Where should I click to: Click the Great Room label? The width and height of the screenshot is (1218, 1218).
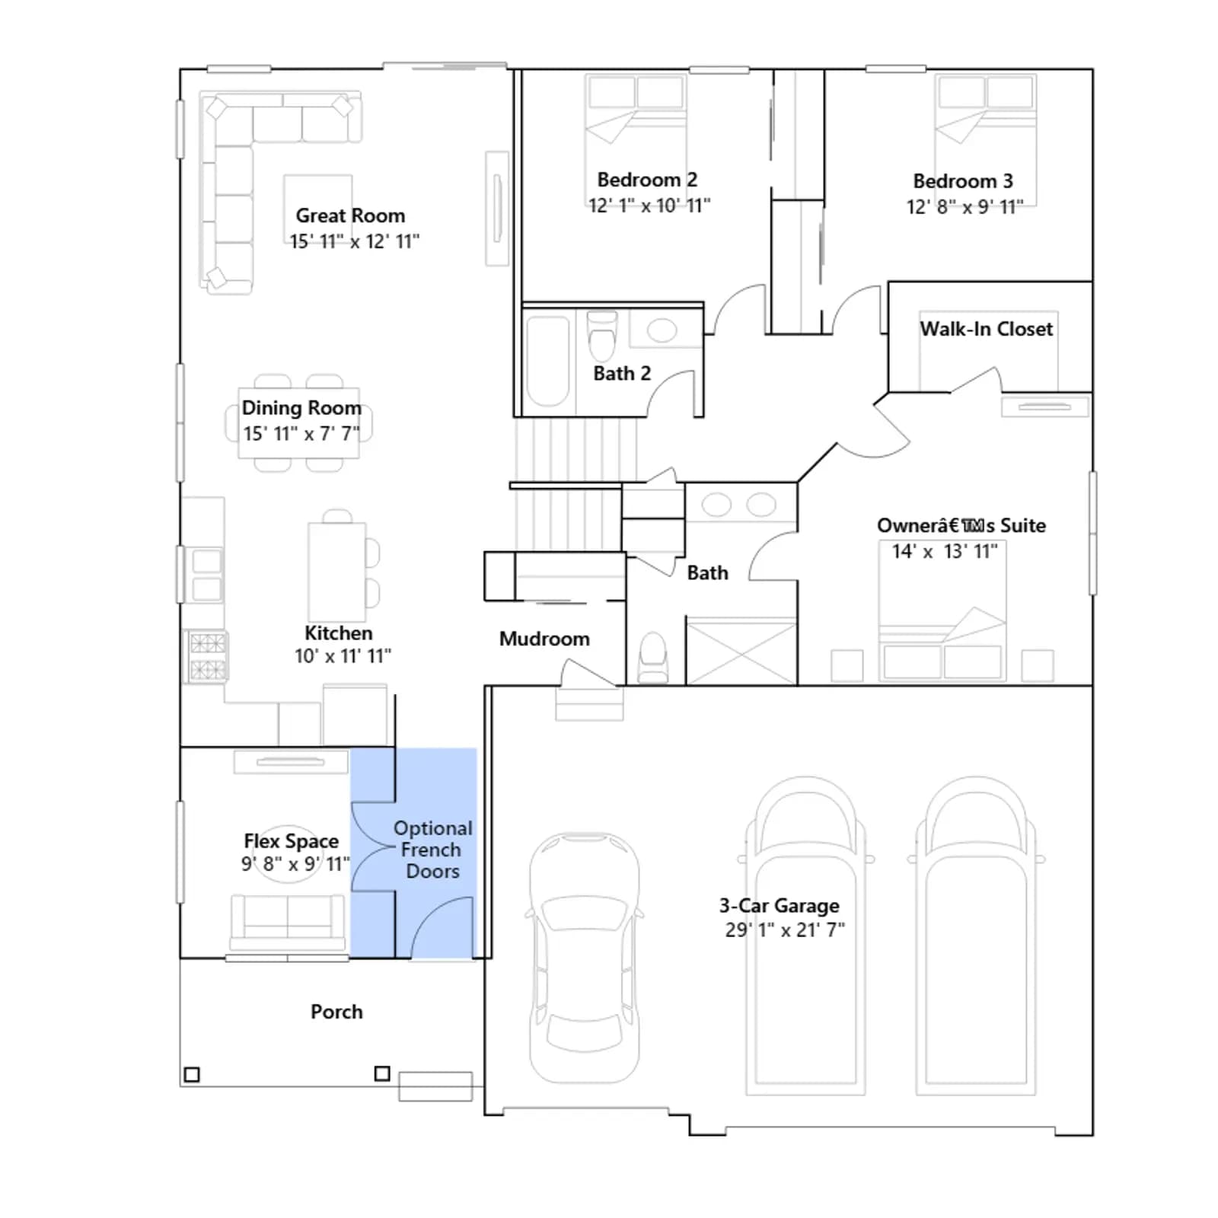350,215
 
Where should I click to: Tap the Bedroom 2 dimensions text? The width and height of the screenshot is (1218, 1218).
649,206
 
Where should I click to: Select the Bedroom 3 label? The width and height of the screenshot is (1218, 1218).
963,181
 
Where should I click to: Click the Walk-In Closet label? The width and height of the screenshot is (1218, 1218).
987,329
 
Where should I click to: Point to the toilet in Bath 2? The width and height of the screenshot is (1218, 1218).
602,336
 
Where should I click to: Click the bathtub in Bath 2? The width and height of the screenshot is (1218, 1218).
548,362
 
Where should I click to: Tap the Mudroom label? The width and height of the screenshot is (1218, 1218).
544,639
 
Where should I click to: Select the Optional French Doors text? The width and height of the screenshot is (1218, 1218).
432,850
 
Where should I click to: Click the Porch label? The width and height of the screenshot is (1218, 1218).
336,1012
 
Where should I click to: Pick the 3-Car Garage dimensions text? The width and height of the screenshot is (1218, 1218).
785,930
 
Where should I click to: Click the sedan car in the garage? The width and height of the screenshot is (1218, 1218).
585,958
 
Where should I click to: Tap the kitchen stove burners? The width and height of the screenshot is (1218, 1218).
207,656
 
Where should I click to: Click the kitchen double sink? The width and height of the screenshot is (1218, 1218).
207,575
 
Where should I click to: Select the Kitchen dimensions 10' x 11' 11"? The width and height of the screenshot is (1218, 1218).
343,656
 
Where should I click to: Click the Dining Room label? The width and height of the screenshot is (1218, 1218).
301,408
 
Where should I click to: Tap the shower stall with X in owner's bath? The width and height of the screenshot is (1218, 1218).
741,652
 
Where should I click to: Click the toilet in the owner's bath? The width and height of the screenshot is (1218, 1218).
654,658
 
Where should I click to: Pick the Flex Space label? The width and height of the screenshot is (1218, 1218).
291,841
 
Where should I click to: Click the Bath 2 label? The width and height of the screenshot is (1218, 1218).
622,374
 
